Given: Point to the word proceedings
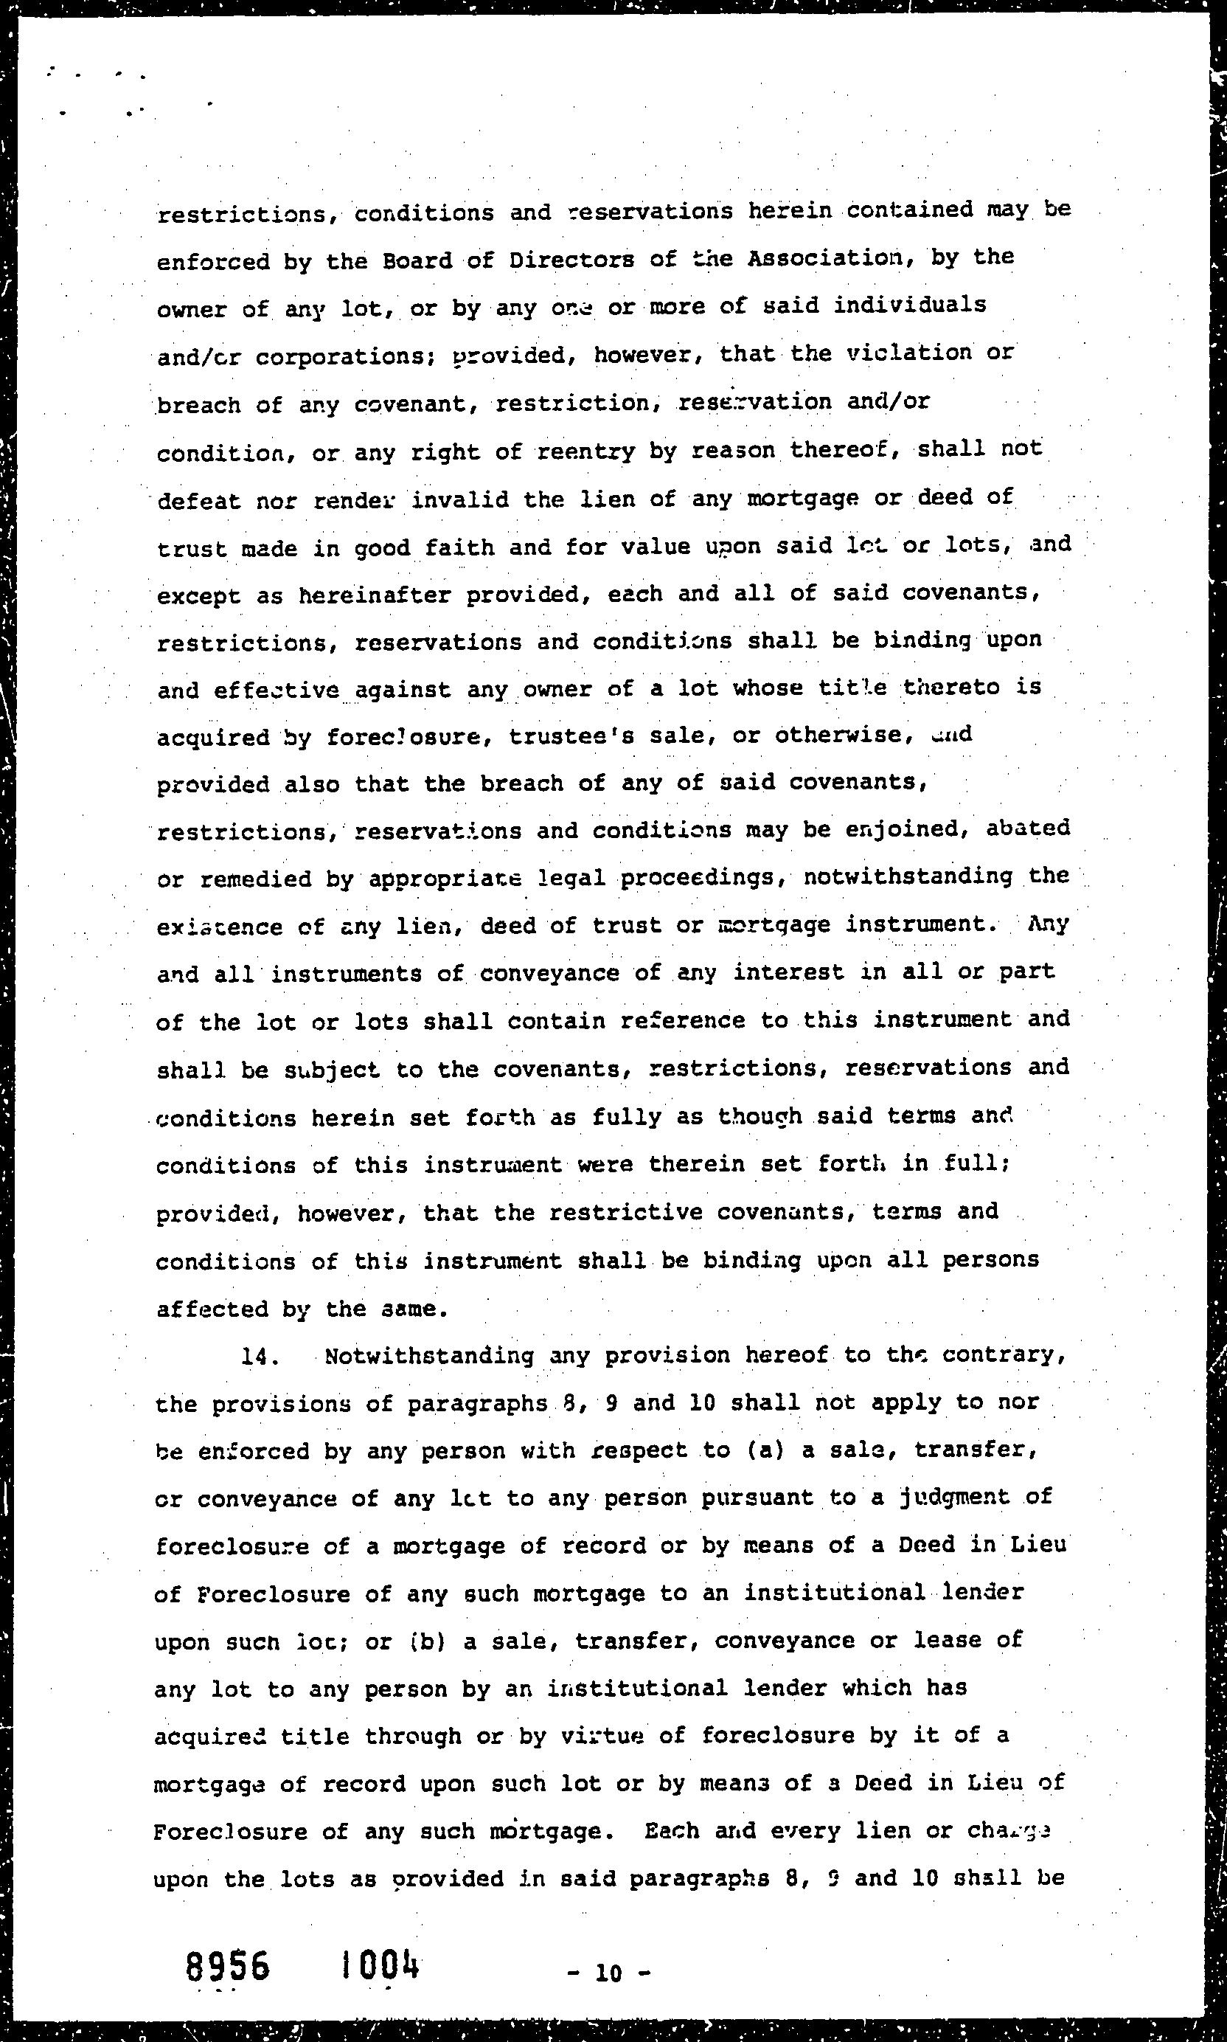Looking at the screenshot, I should tap(703, 877).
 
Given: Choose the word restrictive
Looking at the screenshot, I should tap(626, 1213).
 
